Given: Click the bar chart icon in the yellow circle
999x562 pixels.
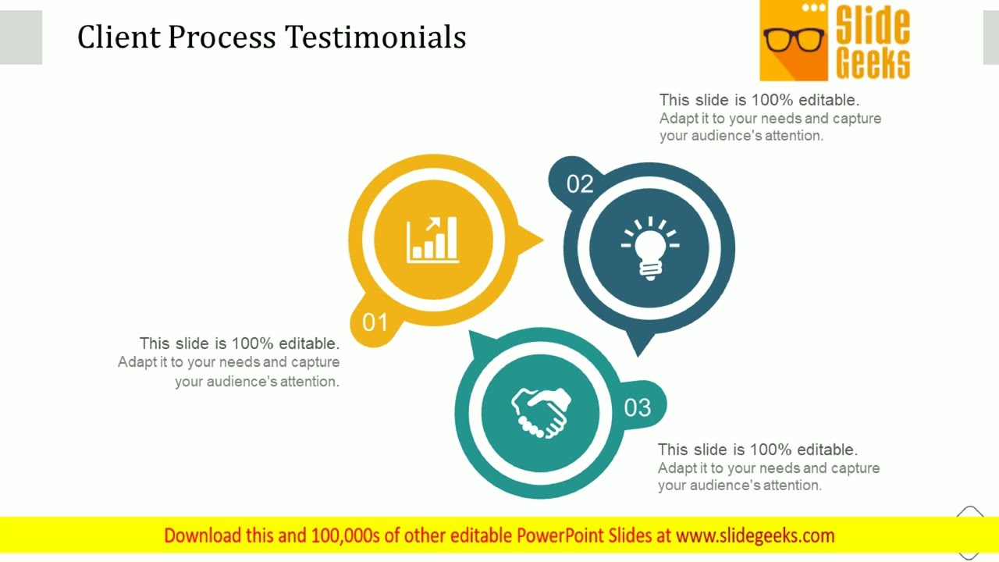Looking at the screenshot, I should pyautogui.click(x=432, y=239).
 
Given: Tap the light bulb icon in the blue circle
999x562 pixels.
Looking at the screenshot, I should pyautogui.click(x=649, y=245).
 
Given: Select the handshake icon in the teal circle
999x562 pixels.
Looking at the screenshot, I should pyautogui.click(x=541, y=412).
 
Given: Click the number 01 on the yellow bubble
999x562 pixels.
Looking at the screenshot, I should pyautogui.click(x=375, y=322).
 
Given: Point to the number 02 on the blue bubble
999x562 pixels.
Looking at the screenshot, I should pyautogui.click(x=580, y=184).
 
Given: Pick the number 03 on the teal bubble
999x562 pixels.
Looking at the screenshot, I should pyautogui.click(x=637, y=407).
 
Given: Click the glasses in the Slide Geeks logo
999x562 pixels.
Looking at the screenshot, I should pyautogui.click(x=794, y=39).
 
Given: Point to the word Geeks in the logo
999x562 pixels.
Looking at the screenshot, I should pyautogui.click(x=873, y=62).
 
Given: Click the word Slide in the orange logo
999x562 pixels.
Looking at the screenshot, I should pyautogui.click(x=873, y=26).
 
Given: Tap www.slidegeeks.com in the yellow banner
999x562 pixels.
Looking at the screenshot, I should pyautogui.click(x=755, y=535).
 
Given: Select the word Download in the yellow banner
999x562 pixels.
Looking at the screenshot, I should pyautogui.click(x=202, y=535).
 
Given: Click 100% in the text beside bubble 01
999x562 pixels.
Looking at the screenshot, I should pyautogui.click(x=253, y=343).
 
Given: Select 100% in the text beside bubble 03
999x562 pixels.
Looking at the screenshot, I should pyautogui.click(x=771, y=450).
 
